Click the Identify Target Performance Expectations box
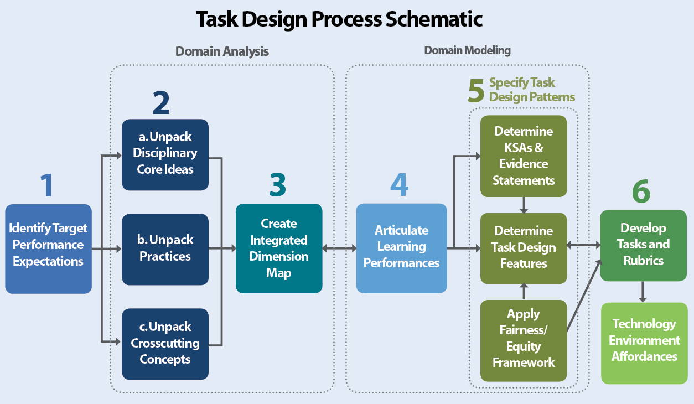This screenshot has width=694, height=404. point(48,248)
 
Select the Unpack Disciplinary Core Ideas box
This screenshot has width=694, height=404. point(165,154)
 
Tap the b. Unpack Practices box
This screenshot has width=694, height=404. point(165,249)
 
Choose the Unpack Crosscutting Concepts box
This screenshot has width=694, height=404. point(165,344)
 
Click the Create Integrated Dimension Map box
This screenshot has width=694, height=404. point(279,248)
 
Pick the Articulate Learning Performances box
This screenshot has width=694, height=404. point(401,248)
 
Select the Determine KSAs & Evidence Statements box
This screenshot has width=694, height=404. point(523,156)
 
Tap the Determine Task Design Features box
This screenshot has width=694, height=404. point(523,247)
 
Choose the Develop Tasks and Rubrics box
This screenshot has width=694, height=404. point(643,245)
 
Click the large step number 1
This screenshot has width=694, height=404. point(47,185)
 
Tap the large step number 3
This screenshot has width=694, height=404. point(278,185)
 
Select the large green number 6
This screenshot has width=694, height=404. point(641,192)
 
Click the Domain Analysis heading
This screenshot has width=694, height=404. point(222,51)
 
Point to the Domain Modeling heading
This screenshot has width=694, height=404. point(467,51)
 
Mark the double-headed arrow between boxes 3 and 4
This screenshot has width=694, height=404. point(339,248)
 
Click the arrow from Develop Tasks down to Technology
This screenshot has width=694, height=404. point(643,292)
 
